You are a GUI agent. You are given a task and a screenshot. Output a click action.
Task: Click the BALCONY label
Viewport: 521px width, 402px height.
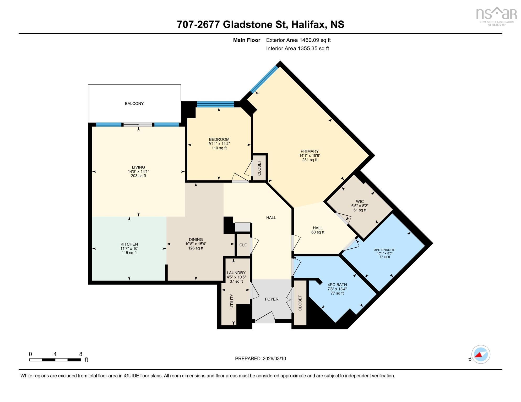(x=134, y=104)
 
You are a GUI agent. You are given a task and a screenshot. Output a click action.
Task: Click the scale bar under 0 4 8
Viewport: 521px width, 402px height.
(x=55, y=360)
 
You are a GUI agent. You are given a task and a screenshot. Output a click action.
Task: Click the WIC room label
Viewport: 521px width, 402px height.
(x=360, y=202)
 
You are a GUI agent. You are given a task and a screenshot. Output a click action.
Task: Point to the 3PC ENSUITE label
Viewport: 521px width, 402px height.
(x=384, y=250)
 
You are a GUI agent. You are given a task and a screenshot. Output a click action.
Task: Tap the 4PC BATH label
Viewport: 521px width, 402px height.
(x=337, y=285)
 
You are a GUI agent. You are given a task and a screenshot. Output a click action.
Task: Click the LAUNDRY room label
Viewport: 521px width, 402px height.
(x=236, y=273)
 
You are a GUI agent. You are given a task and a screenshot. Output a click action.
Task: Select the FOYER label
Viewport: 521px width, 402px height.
(x=272, y=299)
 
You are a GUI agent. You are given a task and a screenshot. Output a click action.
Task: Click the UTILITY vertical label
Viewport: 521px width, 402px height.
(x=232, y=301)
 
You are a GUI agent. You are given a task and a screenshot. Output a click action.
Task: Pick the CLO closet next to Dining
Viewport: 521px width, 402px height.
(x=243, y=245)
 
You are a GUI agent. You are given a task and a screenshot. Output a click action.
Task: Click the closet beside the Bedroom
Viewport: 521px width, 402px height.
(x=259, y=168)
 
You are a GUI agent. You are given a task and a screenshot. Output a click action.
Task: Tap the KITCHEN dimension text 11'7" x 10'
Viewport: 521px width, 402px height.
(x=129, y=249)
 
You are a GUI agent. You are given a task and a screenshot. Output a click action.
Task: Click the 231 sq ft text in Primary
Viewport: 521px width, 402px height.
(x=310, y=160)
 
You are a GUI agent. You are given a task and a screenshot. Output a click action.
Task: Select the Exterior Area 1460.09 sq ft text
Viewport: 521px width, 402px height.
(x=298, y=40)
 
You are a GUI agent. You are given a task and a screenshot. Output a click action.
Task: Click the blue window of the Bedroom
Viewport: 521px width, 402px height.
(x=215, y=104)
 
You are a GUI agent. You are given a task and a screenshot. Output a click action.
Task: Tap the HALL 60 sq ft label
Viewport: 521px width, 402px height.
(x=318, y=230)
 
